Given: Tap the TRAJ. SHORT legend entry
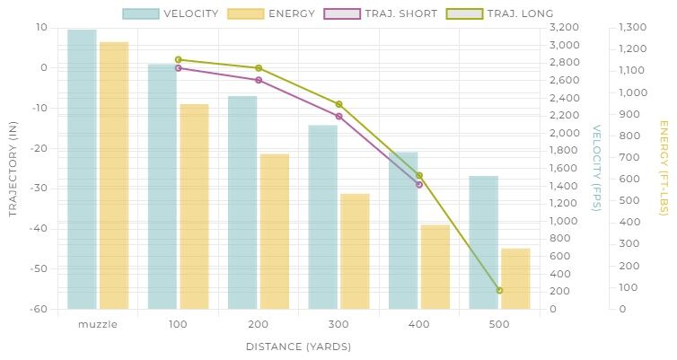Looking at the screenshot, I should (392, 13).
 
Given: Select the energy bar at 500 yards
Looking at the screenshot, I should (515, 278).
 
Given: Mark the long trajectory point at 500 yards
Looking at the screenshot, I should (499, 290).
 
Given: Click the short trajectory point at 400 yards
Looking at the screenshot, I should (419, 184).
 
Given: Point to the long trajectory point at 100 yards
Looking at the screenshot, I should (178, 60).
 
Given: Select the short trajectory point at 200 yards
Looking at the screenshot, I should (259, 80).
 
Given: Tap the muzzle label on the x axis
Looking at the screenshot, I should (98, 324).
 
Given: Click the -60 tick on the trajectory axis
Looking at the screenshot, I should (40, 309).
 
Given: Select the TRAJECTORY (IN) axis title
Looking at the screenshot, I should (13, 168).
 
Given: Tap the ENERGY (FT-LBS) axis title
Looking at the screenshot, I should (664, 168).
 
